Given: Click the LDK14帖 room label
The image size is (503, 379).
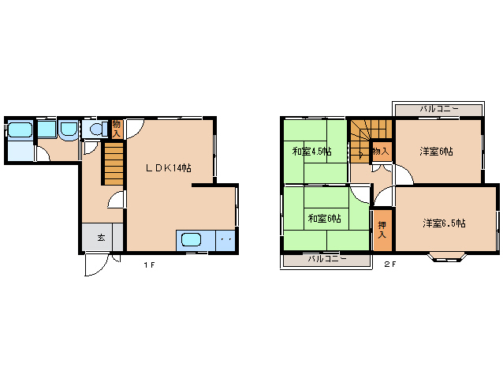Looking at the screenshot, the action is pos(169,168).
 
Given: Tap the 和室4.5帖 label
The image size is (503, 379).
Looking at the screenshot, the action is pos(311,151).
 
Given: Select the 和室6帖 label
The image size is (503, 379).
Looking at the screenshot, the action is pos(324,219).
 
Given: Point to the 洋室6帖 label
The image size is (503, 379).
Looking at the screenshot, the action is pos(436,151).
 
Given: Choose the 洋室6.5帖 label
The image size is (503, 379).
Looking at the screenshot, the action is pos(444,223).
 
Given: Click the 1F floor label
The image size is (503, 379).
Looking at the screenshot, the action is pos(149,265).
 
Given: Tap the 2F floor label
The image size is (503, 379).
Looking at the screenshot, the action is pos(390,265).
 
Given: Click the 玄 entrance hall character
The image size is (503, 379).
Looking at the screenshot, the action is pos(102,238).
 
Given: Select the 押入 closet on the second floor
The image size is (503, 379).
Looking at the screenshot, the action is pos(382,230).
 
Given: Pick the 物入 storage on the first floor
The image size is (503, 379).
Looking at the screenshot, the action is pos(117,129).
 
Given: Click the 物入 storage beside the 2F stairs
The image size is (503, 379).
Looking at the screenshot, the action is pos(382,152).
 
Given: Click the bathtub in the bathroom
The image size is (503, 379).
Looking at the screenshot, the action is pos(20,130).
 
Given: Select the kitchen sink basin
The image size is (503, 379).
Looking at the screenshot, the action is pos(192,240).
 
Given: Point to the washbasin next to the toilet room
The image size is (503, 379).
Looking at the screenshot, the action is pos(69,129).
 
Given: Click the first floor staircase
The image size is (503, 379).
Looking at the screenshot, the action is pos(114,163).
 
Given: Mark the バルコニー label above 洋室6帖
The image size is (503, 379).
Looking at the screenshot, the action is pos(439,109).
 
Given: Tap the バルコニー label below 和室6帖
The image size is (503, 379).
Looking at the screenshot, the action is pos(327,259).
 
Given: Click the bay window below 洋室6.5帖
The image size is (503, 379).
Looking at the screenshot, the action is pos(446,257).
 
